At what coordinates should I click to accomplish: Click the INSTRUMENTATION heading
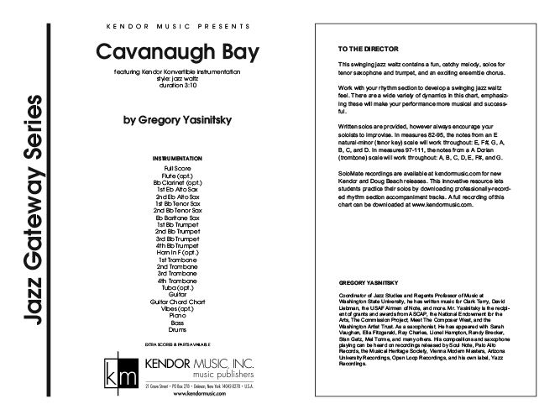[x=176, y=159]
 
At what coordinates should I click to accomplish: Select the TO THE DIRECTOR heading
[x=362, y=50]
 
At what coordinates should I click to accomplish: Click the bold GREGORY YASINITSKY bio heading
[x=369, y=283]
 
